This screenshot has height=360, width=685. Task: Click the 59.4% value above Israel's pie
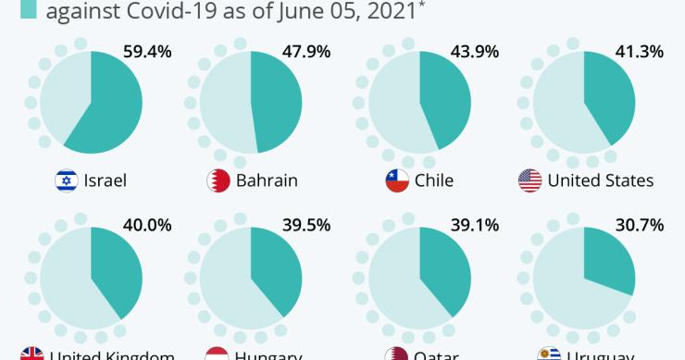(148, 52)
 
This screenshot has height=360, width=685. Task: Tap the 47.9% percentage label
(306, 52)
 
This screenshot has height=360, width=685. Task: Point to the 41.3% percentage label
(639, 52)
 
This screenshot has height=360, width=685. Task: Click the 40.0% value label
(148, 224)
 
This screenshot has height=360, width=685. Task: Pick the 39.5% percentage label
(306, 224)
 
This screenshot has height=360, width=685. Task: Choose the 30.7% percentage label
(639, 224)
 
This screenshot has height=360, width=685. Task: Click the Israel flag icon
(67, 180)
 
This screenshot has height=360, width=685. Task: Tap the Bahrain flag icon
(218, 180)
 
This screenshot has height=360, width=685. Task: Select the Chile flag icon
(397, 180)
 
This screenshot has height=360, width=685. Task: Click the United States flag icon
(529, 180)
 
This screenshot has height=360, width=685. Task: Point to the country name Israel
(105, 180)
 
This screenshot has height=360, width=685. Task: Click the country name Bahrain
(267, 180)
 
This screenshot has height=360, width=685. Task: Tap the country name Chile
(434, 180)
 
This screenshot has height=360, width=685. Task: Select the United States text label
(600, 180)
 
